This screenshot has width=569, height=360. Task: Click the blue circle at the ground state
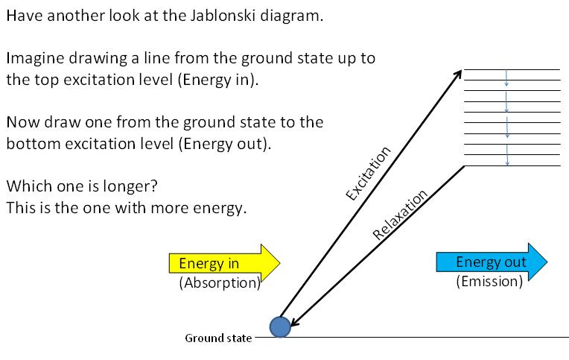(280, 326)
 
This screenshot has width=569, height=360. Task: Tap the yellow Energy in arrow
(224, 263)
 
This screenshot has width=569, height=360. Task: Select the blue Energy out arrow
(492, 262)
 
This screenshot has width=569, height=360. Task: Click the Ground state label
(218, 338)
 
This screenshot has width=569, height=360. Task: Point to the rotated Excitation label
(368, 173)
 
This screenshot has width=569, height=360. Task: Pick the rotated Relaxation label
(400, 215)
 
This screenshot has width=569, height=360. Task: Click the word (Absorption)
(220, 282)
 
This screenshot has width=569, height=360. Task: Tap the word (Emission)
(489, 281)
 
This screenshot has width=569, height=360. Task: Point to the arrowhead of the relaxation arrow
(296, 322)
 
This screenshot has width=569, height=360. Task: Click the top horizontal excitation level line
(512, 69)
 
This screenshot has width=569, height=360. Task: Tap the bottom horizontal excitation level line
(512, 166)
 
